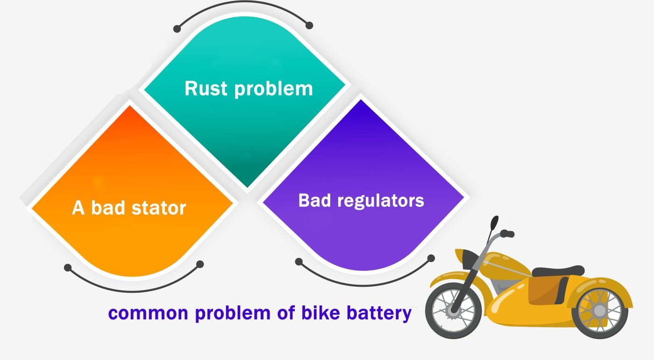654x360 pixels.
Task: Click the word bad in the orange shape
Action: point(106,208)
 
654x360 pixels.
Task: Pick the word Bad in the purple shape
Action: point(316,201)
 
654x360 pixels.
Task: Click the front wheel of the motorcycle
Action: point(452,310)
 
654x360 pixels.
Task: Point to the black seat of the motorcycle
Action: point(558,271)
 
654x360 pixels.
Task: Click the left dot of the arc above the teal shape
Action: point(177,29)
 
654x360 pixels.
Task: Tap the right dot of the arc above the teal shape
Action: point(309,25)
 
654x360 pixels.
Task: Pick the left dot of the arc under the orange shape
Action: point(68,268)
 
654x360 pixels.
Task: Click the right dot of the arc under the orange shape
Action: point(200,264)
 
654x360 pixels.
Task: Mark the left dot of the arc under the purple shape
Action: point(299,261)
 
